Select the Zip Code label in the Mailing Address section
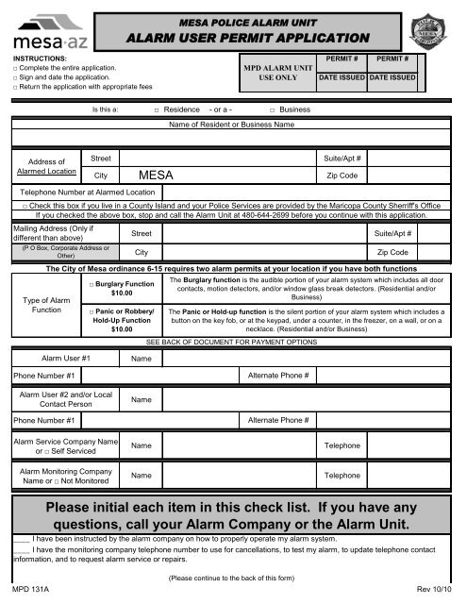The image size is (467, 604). pos(392,253)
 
